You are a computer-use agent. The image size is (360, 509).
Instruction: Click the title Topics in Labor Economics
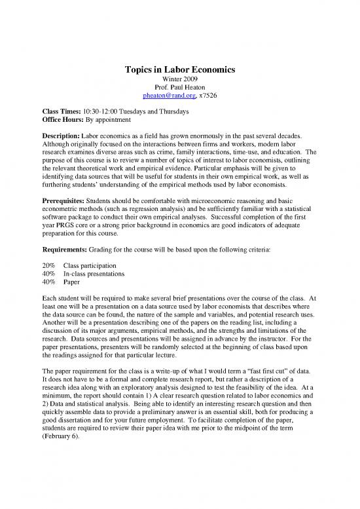179,70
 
